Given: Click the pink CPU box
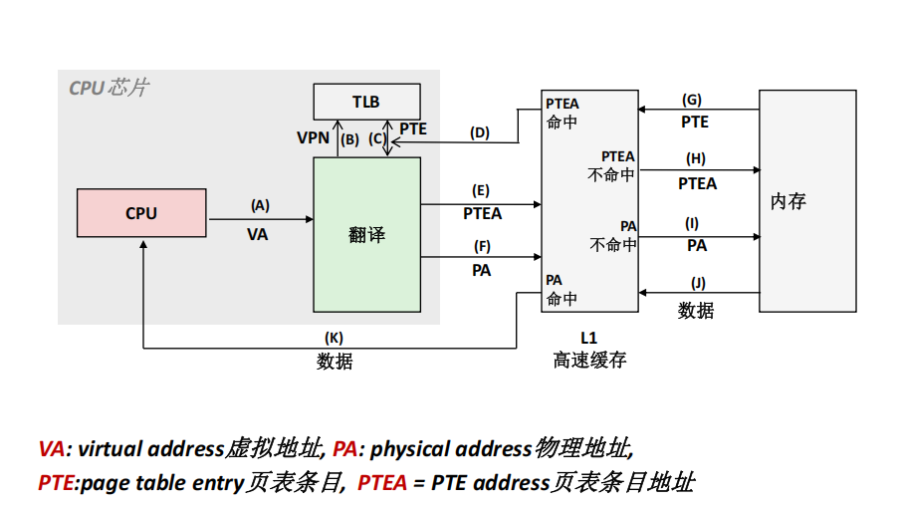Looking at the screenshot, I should (x=141, y=213).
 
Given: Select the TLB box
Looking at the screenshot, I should (x=366, y=102).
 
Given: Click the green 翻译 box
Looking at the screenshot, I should (x=366, y=235).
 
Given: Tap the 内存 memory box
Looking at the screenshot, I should (x=807, y=201).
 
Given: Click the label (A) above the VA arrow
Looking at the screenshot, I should (x=260, y=206).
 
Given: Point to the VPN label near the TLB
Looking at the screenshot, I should (x=313, y=137).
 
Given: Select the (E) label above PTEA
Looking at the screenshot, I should (x=482, y=189).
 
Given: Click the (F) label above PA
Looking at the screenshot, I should (x=482, y=245).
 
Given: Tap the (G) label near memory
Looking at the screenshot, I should (x=692, y=100).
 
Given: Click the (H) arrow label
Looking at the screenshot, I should (x=696, y=158).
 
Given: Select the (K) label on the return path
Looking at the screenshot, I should (x=335, y=338).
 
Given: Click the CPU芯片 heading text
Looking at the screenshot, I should (x=109, y=88).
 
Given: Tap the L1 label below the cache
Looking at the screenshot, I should (x=588, y=338).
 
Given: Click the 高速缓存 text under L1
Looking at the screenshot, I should (x=589, y=360).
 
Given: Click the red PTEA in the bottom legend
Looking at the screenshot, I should (x=382, y=483).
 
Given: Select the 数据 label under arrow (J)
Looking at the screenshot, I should (x=696, y=311).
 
